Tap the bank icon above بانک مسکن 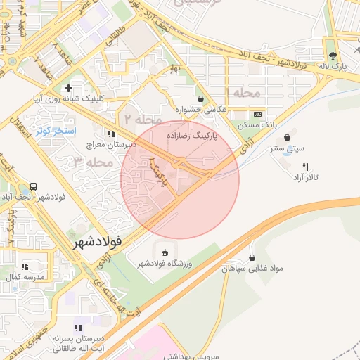click(x=258, y=114)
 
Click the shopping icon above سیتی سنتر click(x=287, y=137)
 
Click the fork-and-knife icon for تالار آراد click(x=304, y=167)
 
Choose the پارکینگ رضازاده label click(x=192, y=133)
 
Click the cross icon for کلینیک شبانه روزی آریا click(x=68, y=88)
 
